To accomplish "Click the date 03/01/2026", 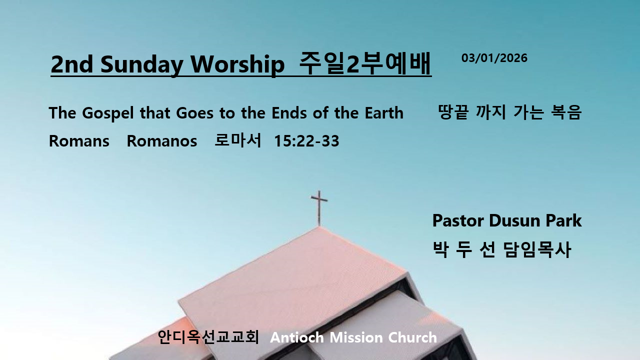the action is [x=494, y=58].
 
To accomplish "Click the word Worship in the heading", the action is [x=237, y=64].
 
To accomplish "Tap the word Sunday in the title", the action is [x=141, y=65].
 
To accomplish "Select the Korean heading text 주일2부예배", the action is [x=365, y=63].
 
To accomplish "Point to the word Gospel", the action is [x=107, y=113].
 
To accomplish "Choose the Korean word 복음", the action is [x=566, y=112].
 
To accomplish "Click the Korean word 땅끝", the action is [x=453, y=112].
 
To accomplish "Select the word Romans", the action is [x=79, y=141].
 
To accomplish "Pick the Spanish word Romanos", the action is [x=161, y=141].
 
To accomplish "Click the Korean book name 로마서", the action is [x=237, y=140].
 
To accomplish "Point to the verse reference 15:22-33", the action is [x=306, y=141].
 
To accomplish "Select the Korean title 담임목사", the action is [x=537, y=249].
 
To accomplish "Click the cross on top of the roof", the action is [x=319, y=208].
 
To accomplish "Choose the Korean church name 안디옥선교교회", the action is [x=208, y=337].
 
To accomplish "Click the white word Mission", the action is [x=356, y=337].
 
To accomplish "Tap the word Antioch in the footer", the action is [x=297, y=337].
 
